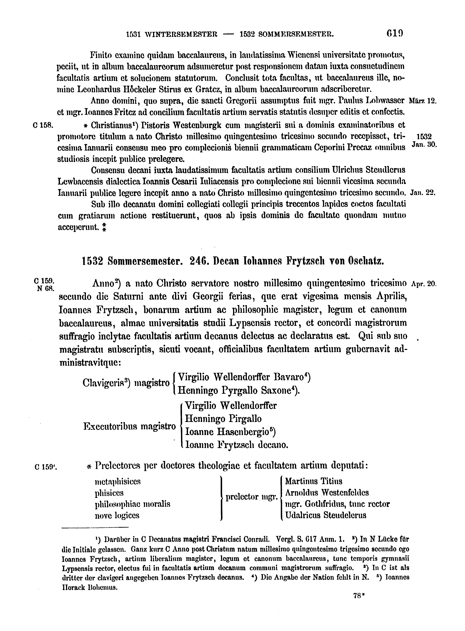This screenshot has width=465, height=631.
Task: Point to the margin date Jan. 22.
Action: [423, 193]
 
